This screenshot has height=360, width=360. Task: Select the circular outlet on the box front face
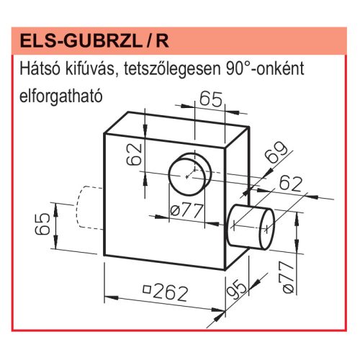(x=189, y=174)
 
